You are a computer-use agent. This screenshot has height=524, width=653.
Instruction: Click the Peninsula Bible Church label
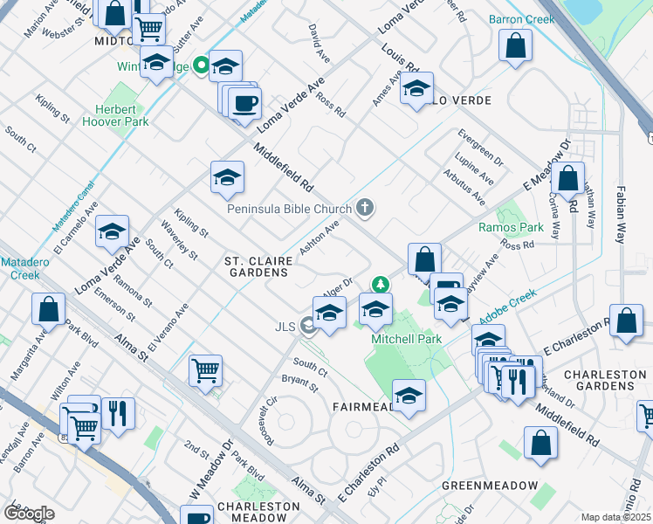coord(288,209)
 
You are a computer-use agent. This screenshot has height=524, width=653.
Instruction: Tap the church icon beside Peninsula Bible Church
coord(365,208)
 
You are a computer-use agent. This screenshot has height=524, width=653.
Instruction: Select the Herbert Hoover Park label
coord(116,116)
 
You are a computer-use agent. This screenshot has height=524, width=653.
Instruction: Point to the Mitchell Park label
coord(407,338)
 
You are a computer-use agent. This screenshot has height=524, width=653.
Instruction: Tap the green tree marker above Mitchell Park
coord(380,284)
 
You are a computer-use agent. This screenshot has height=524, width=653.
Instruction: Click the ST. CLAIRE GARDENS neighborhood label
coord(256,266)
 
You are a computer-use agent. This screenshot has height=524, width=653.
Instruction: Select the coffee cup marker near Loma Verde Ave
coord(244,104)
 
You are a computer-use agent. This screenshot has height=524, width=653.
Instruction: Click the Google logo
coord(29,513)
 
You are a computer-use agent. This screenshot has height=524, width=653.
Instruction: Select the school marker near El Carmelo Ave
coord(112,232)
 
